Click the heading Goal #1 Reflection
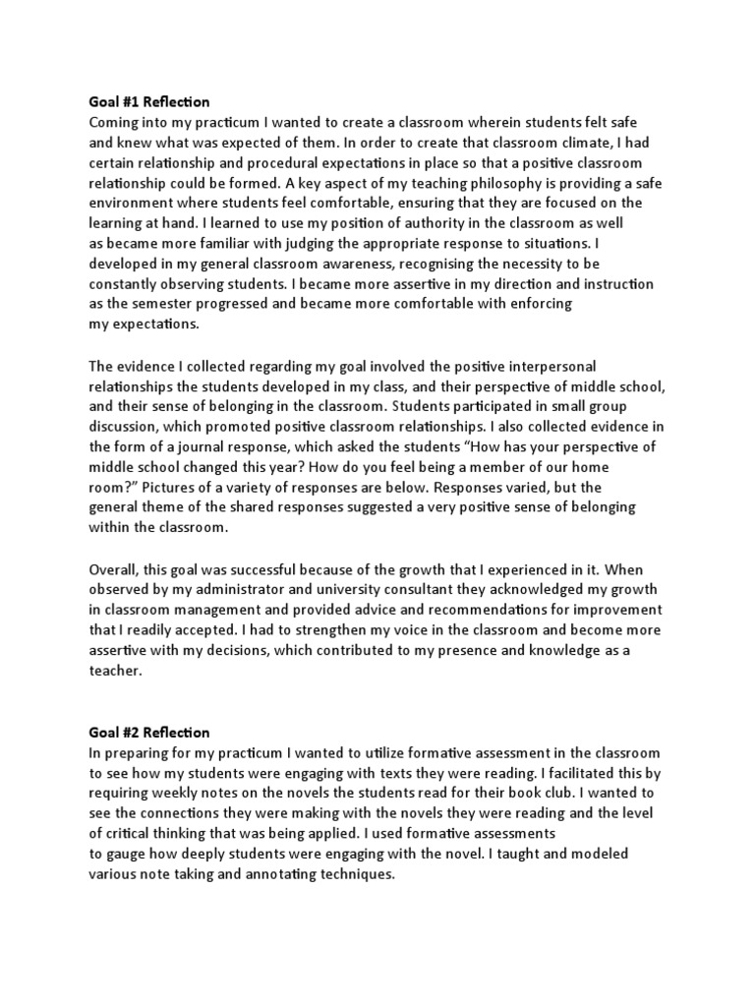click(149, 102)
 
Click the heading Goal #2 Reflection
click(149, 733)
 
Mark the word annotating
click(278, 873)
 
